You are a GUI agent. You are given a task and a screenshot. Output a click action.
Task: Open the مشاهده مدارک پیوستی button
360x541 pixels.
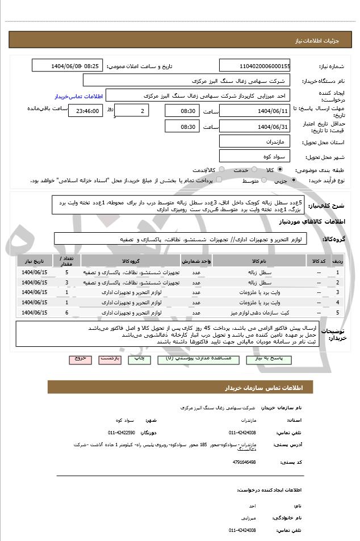pos(196,359)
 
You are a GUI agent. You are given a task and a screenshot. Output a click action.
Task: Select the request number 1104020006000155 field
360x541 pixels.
pos(254,66)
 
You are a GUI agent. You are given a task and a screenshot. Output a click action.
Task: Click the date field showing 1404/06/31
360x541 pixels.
pos(254,127)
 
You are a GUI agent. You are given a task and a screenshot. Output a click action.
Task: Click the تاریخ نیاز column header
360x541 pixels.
pos(35,261)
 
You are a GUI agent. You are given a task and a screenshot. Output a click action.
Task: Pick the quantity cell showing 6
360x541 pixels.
pos(66,312)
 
